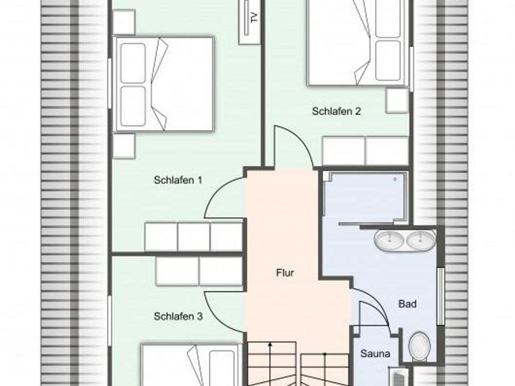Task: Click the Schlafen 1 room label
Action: click(x=178, y=180)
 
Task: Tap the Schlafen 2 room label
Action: click(x=336, y=111)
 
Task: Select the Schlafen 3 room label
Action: click(x=178, y=316)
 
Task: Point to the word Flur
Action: click(x=285, y=273)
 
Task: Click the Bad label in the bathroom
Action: click(x=407, y=304)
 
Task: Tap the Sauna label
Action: click(x=375, y=354)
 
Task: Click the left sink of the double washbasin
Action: click(x=389, y=240)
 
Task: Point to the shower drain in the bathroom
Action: click(x=395, y=179)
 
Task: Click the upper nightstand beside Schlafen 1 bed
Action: click(x=123, y=22)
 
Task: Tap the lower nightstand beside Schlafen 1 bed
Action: click(x=123, y=146)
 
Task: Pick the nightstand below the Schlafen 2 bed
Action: click(x=397, y=101)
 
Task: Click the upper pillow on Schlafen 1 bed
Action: click(x=133, y=63)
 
